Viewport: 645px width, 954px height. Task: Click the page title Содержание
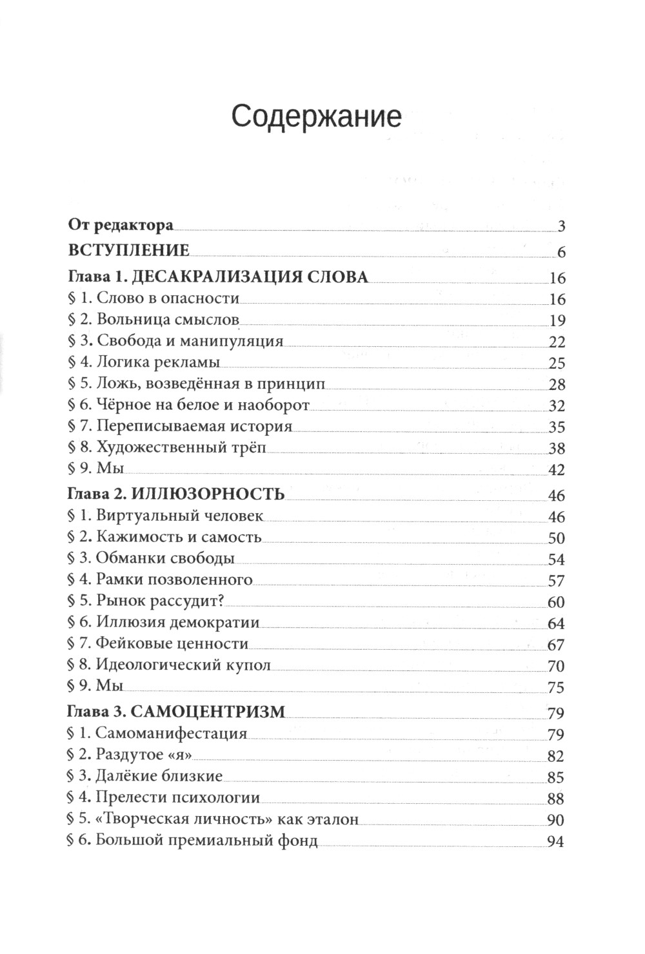[316, 117]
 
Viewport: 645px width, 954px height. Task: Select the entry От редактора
[121, 225]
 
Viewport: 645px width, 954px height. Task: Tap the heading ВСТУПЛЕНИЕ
[128, 250]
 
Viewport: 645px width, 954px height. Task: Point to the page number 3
[561, 226]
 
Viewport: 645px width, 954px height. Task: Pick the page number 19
[556, 320]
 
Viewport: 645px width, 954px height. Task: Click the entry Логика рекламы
[157, 362]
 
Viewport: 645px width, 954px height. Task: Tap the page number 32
[556, 406]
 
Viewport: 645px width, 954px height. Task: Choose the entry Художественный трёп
[181, 447]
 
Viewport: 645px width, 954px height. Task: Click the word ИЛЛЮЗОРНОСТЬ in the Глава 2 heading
[208, 494]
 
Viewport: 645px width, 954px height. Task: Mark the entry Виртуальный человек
[179, 516]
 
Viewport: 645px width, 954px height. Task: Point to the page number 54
[556, 559]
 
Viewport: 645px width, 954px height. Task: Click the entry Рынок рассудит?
[159, 601]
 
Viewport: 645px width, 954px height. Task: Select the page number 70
[556, 666]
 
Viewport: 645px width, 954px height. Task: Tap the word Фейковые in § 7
[127, 643]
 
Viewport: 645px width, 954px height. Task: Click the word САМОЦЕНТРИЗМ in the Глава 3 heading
[208, 712]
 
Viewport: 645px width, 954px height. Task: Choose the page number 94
[555, 842]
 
